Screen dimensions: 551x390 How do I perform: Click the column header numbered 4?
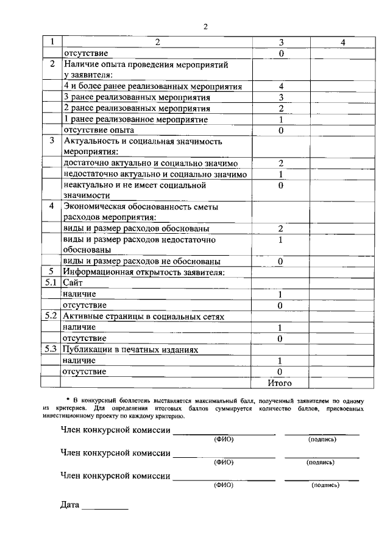coord(343,43)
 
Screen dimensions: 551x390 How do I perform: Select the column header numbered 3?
coord(281,43)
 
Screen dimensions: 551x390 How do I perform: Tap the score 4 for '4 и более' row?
coord(281,86)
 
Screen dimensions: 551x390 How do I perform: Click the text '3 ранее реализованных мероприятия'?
coord(137,97)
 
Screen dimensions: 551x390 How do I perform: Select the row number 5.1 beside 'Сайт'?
coord(52,283)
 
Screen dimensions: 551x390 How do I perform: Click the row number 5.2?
coord(52,317)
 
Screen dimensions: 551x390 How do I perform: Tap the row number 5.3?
coord(52,350)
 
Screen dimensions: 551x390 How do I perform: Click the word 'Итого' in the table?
coord(280,383)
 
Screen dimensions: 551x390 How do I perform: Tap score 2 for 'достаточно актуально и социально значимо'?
coord(281,163)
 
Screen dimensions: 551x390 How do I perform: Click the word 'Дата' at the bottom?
coord(70,505)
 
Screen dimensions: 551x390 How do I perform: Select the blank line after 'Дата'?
coord(105,507)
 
